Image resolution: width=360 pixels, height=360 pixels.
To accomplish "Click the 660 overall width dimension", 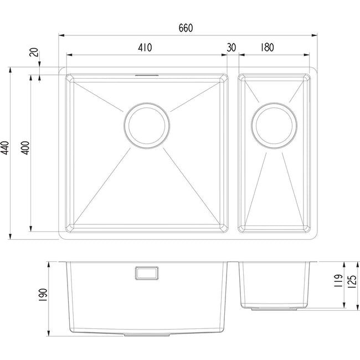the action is click(x=186, y=28).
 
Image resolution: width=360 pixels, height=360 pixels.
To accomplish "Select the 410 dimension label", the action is click(x=145, y=48).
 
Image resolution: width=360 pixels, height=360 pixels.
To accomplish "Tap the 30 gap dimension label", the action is click(x=231, y=48).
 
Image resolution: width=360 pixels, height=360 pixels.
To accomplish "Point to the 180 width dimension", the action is click(x=267, y=48).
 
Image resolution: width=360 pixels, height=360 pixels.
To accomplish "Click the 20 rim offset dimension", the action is click(x=34, y=52).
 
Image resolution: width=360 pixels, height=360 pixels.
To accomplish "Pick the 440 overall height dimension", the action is click(x=4, y=148).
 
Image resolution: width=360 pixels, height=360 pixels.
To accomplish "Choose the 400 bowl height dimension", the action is click(x=25, y=148).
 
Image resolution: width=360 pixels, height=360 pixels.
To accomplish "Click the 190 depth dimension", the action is click(x=43, y=295).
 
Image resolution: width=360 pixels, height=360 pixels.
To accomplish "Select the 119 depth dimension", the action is click(x=339, y=281).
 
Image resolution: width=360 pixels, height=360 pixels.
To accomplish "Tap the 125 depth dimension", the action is click(x=353, y=281).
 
